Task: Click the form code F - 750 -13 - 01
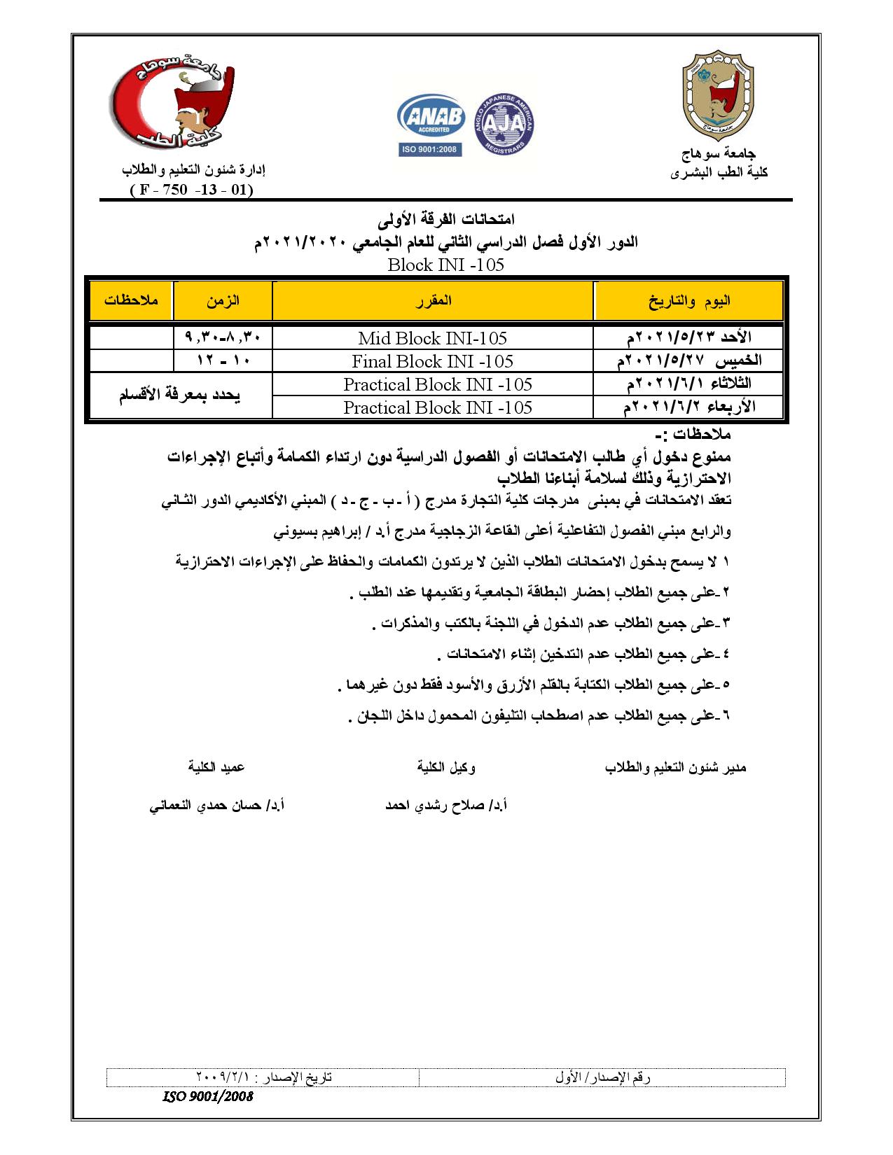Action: pyautogui.click(x=191, y=190)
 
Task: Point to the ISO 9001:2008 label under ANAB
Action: pyautogui.click(x=431, y=149)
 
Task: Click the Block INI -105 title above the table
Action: pyautogui.click(x=445, y=265)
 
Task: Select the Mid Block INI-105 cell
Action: pyautogui.click(x=432, y=338)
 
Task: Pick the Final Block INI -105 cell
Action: pyautogui.click(x=432, y=361)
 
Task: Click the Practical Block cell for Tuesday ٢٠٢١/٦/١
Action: pyautogui.click(x=437, y=384)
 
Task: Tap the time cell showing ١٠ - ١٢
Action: pyautogui.click(x=223, y=361)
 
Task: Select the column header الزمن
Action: pyautogui.click(x=223, y=300)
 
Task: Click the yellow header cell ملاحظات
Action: pyautogui.click(x=131, y=300)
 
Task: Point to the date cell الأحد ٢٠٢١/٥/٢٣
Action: pyautogui.click(x=688, y=337)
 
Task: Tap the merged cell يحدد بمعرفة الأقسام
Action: pyautogui.click(x=179, y=395)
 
